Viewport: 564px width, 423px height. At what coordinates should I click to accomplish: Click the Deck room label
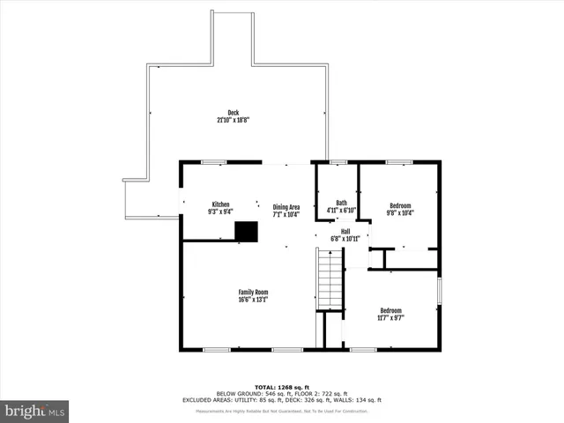click(233, 112)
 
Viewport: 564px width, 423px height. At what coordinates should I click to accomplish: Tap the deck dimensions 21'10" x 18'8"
click(233, 119)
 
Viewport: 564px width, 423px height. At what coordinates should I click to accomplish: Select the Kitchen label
click(219, 204)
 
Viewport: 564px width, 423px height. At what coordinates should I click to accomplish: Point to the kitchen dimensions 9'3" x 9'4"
click(219, 211)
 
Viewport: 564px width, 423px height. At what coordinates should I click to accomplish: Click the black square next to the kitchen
click(246, 230)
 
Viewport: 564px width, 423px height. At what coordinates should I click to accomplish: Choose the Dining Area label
click(286, 206)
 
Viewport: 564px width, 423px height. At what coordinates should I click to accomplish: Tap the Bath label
click(340, 203)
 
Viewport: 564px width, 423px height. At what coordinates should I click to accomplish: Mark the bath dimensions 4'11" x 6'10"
click(340, 211)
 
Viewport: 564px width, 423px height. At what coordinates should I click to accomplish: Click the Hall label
click(345, 231)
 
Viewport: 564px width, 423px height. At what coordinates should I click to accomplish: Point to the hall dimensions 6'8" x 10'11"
click(345, 239)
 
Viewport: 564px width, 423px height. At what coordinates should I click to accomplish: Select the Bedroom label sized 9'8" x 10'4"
click(400, 205)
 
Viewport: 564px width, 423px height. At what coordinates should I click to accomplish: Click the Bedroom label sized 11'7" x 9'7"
click(390, 310)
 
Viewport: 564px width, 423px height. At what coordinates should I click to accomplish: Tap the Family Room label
click(253, 292)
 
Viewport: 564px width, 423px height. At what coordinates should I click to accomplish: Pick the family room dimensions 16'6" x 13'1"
click(253, 300)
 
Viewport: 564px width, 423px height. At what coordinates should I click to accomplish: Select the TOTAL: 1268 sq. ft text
click(281, 387)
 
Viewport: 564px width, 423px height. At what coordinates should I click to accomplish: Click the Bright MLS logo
click(34, 411)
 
